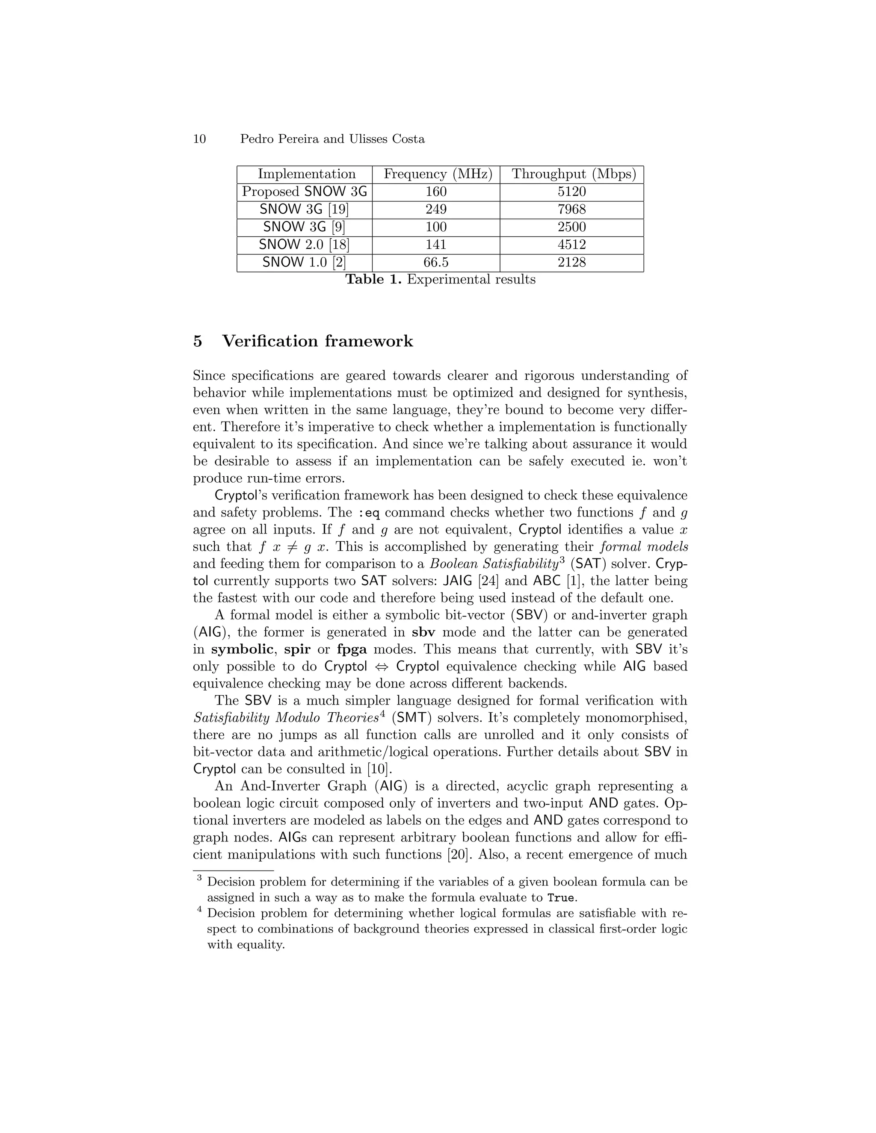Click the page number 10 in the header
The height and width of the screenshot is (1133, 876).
coord(199,139)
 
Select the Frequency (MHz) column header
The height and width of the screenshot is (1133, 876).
coord(438,174)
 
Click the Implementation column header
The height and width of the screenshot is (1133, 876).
coord(306,174)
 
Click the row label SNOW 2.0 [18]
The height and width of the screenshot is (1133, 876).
coord(304,245)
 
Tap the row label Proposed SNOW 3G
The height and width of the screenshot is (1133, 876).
coord(305,192)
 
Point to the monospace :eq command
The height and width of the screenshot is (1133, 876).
coord(370,513)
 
